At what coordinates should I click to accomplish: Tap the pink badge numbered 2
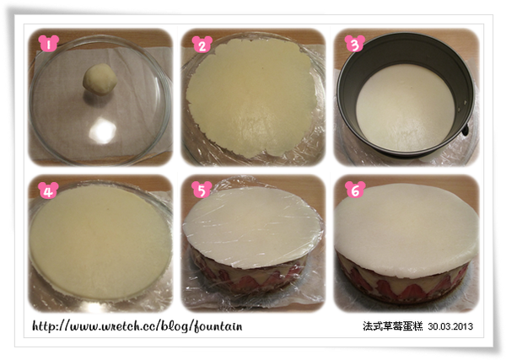click(201, 44)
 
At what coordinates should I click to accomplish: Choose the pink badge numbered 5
click(201, 189)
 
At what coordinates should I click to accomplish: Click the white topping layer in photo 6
click(405, 219)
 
